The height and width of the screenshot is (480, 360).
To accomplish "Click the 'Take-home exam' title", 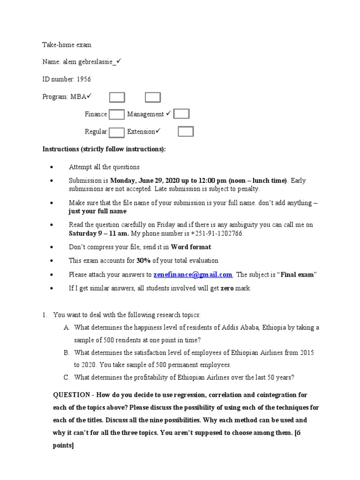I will [67, 45].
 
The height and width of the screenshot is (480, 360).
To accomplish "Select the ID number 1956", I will [83, 79].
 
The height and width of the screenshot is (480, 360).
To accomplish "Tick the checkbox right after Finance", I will [117, 114].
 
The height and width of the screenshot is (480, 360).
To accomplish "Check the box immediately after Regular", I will [117, 132].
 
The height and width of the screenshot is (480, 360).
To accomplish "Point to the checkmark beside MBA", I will [89, 96].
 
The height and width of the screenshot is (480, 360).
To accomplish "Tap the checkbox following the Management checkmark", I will [181, 114].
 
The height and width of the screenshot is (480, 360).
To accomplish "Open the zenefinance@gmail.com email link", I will [193, 275].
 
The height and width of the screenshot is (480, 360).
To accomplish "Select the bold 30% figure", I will [143, 261].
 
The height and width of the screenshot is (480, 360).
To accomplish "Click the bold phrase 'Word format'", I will [191, 247].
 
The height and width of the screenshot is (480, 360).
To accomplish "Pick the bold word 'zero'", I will [227, 288].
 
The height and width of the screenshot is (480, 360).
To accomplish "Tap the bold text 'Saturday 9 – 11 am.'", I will [99, 233].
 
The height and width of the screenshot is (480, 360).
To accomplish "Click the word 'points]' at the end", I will [63, 446].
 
